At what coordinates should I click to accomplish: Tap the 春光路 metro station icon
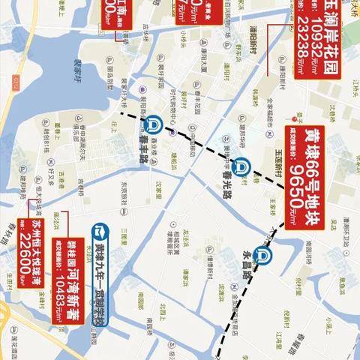point(220,168)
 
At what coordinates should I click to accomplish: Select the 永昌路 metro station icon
point(262,255)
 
